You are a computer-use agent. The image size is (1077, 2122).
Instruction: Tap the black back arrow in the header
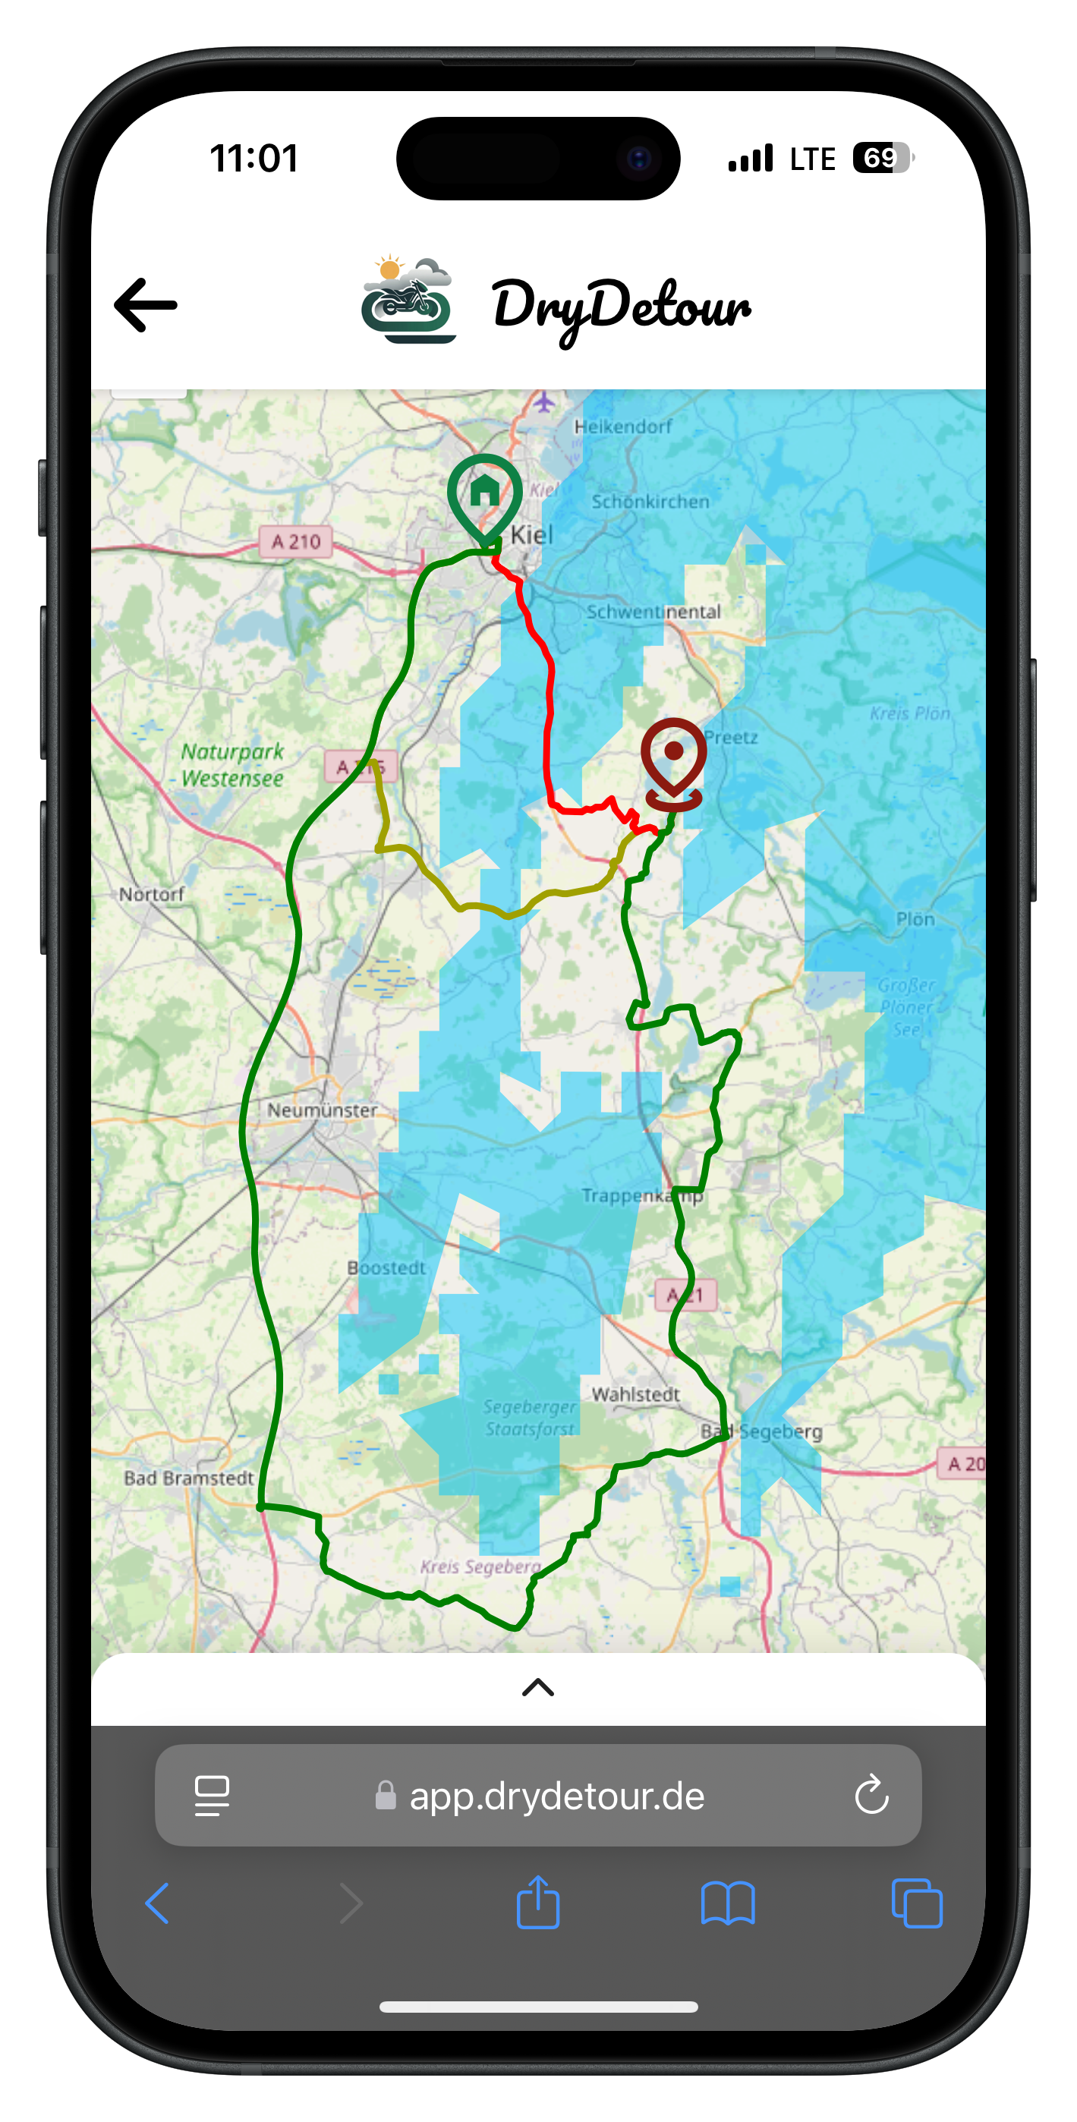[146, 305]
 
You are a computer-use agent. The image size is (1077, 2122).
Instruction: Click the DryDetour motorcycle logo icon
[408, 301]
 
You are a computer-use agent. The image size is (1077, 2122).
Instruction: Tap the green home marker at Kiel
[484, 495]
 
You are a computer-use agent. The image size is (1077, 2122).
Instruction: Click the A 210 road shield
[296, 541]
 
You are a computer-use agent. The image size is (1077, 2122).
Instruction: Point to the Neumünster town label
[321, 1110]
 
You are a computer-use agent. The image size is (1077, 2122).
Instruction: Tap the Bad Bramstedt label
[189, 1478]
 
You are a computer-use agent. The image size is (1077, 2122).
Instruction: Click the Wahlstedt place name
[635, 1394]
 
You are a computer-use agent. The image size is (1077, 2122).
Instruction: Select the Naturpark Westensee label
[231, 764]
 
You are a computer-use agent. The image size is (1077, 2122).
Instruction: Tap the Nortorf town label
[152, 894]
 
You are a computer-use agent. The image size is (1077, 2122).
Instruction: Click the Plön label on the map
[915, 918]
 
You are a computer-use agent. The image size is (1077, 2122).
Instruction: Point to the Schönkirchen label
[650, 501]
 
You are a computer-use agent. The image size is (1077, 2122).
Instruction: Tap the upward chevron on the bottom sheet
[538, 1688]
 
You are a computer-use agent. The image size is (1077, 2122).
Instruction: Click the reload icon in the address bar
[871, 1795]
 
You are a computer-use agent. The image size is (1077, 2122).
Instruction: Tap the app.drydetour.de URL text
[557, 1796]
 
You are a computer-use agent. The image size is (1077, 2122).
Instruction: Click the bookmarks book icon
[728, 1903]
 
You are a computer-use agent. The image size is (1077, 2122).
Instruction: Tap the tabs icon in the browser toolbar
[916, 1903]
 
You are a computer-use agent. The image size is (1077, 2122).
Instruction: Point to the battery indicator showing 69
[883, 157]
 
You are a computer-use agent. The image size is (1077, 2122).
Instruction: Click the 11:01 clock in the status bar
[254, 158]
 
